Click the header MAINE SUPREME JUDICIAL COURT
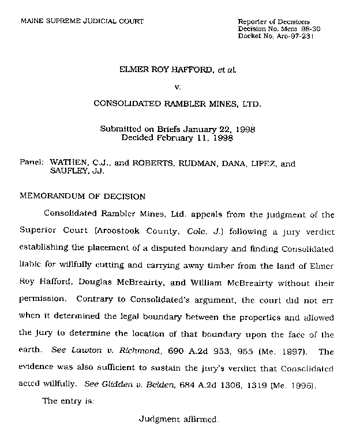(x=82, y=21)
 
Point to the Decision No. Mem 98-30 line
(x=276, y=28)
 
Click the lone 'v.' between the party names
(x=178, y=87)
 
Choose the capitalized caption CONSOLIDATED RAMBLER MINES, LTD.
(x=177, y=105)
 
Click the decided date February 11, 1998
(x=197, y=138)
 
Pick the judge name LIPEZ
(x=247, y=163)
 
